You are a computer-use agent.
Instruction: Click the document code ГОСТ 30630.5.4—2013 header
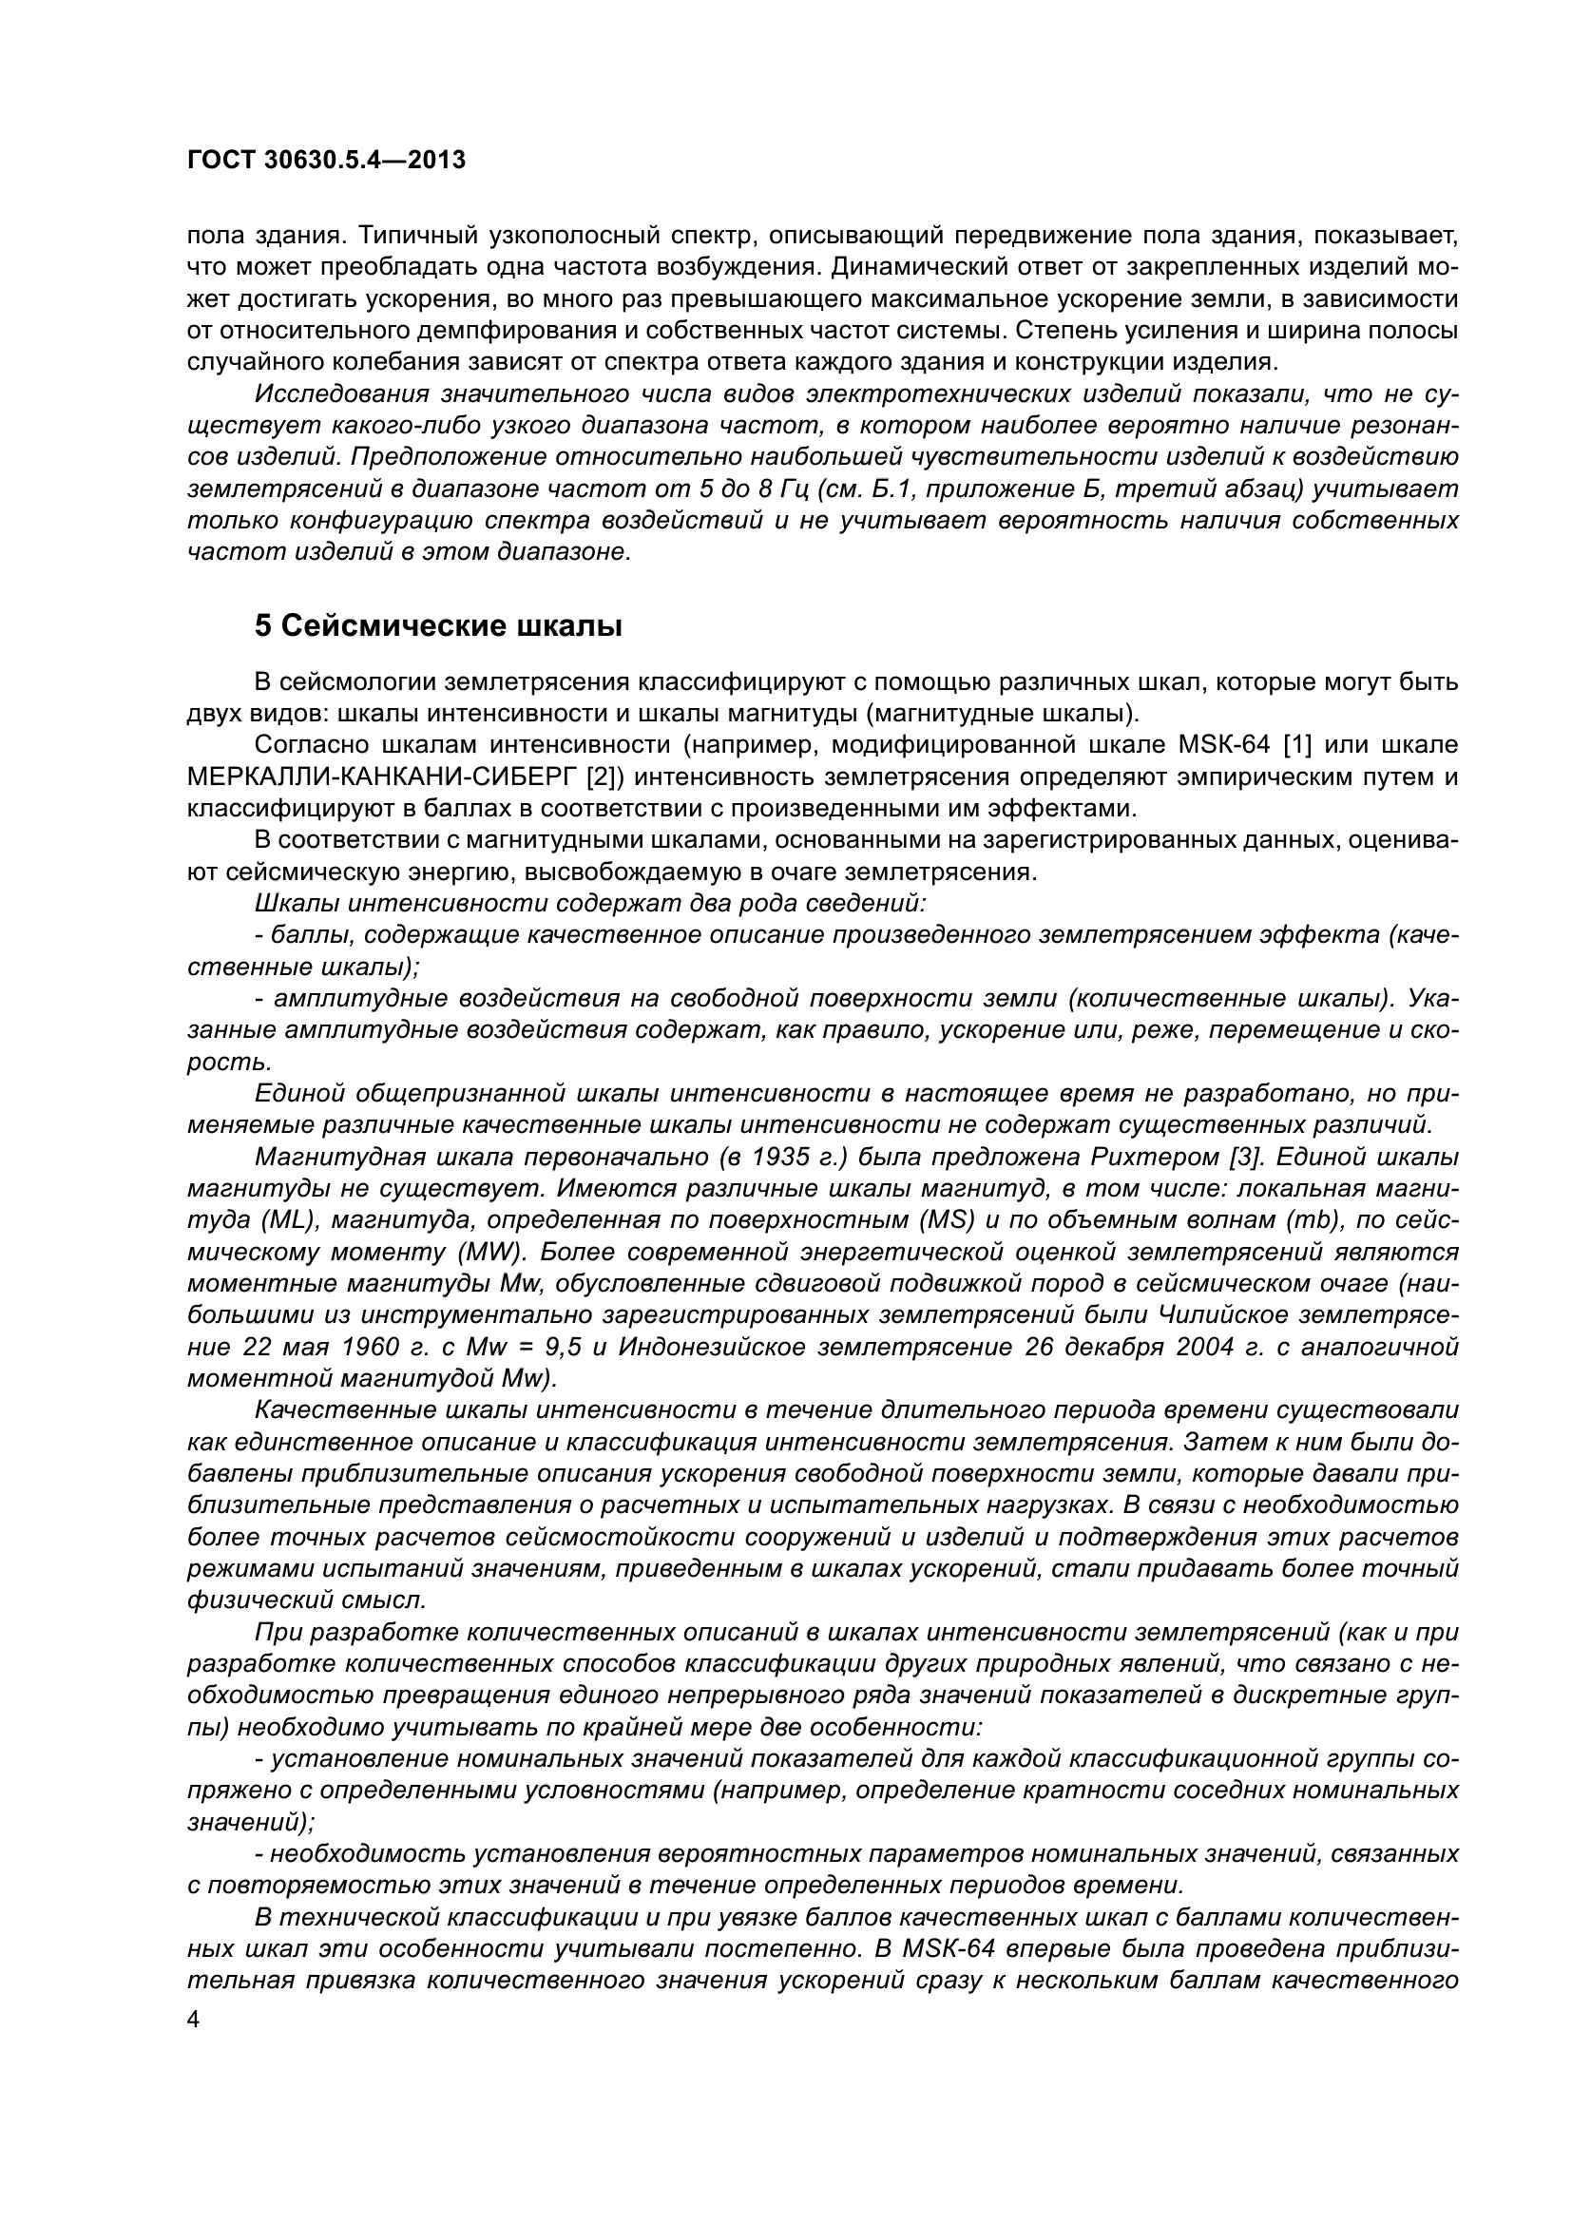pos(325,161)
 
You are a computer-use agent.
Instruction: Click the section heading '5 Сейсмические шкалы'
pos(437,626)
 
